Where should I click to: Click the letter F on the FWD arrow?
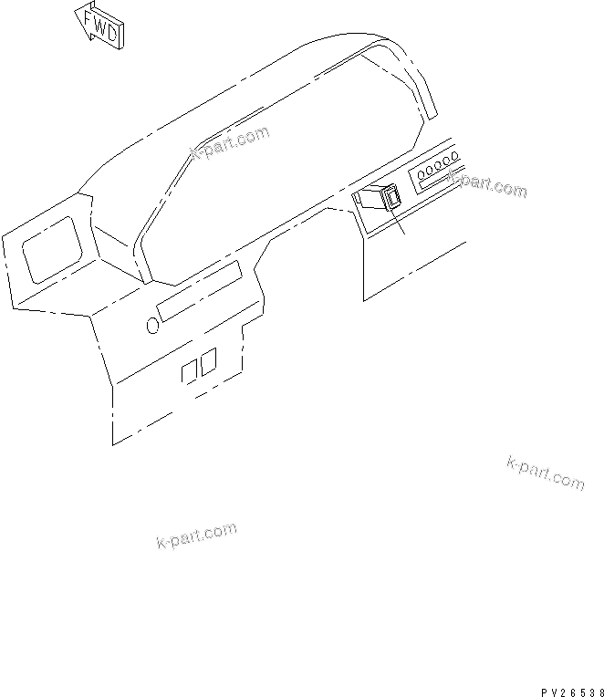89,18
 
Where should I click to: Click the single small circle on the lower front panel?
151,323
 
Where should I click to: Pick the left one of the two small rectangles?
191,369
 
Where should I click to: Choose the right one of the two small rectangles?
208,359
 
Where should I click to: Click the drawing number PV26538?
565,690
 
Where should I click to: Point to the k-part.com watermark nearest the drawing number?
545,473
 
